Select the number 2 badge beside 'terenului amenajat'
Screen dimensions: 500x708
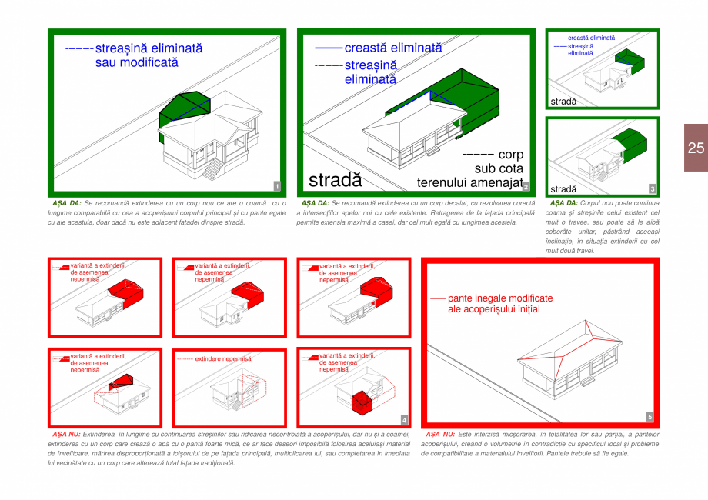[x=525, y=186]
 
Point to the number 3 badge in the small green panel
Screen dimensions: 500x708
[x=652, y=188]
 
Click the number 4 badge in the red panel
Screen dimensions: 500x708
[x=403, y=419]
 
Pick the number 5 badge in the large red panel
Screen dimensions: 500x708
[x=650, y=416]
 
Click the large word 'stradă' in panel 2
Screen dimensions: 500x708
[x=335, y=180]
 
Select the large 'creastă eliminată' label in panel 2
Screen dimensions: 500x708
[x=392, y=48]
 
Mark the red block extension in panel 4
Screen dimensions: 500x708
[x=361, y=401]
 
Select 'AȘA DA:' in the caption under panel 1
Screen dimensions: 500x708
[x=65, y=203]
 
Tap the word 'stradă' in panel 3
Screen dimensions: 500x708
[x=563, y=188]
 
